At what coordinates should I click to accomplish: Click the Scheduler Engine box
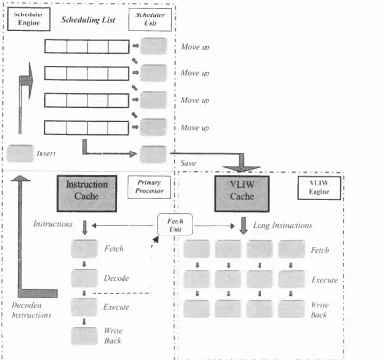coord(29,19)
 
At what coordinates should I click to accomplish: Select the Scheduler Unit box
coord(150,19)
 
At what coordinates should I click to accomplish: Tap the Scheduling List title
coord(88,20)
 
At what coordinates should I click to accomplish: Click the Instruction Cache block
coord(87,193)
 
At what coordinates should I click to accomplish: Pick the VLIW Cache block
coord(242,193)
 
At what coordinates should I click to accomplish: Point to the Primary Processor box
coord(150,187)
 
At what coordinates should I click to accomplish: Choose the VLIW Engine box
coord(318,187)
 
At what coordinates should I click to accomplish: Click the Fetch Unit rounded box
coord(176,225)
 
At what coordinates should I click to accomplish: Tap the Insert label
coord(46,153)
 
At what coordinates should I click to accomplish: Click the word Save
coord(188,163)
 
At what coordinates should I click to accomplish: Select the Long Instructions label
coord(283,225)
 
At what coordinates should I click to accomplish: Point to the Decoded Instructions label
coord(31,310)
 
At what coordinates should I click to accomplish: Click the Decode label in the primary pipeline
coord(117,278)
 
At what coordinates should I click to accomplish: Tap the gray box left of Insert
coord(19,153)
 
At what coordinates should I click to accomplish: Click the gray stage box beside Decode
coord(85,278)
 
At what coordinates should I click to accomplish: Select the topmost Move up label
coord(195,47)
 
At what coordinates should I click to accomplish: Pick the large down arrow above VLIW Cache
coord(241,163)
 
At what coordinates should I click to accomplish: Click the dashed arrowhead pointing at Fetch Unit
coord(156,239)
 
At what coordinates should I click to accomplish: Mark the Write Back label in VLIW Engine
coord(319,310)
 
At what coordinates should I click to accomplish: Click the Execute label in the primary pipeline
coord(116,307)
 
